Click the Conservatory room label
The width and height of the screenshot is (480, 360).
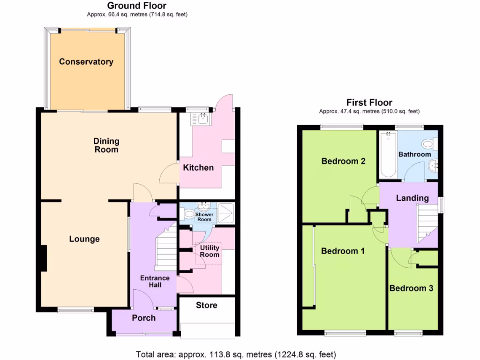tap(86, 62)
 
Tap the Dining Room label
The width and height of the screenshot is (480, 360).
tap(106, 145)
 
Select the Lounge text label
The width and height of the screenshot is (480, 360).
tap(84, 239)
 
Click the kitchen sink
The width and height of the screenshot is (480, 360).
tap(202, 119)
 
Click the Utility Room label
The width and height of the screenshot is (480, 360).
tap(210, 251)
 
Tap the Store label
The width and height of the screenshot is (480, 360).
tap(206, 305)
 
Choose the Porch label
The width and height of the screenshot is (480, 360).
tap(143, 318)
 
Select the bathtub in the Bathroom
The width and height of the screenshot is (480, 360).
tap(388, 155)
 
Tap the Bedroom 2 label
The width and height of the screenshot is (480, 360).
tap(343, 161)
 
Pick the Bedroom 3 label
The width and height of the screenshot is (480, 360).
tap(411, 288)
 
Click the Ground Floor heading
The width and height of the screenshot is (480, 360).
tap(137, 6)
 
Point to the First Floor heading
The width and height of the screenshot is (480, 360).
tap(369, 102)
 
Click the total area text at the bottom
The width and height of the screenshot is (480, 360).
tap(236, 354)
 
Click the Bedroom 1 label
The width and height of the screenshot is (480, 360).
tap(343, 251)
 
